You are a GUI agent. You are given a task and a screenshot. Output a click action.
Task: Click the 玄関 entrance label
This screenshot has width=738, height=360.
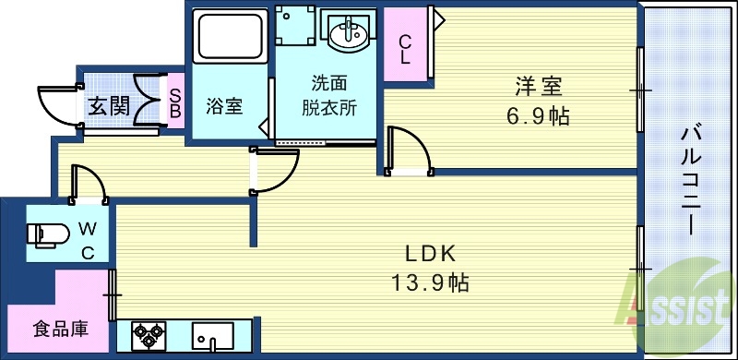pyautogui.click(x=109, y=106)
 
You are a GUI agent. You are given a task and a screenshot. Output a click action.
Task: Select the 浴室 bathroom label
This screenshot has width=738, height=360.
pyautogui.click(x=224, y=106)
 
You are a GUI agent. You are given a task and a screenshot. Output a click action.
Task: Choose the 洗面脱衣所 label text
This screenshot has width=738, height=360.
pyautogui.click(x=329, y=95)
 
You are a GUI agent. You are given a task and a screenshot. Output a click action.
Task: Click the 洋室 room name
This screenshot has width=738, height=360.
pyautogui.click(x=540, y=87)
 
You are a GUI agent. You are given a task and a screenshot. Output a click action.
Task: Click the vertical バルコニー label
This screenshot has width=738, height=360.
pyautogui.click(x=689, y=175)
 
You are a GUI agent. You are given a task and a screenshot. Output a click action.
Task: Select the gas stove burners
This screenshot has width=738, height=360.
pyautogui.click(x=148, y=334)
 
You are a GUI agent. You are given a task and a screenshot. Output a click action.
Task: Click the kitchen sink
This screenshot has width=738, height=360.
pyautogui.click(x=213, y=334)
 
